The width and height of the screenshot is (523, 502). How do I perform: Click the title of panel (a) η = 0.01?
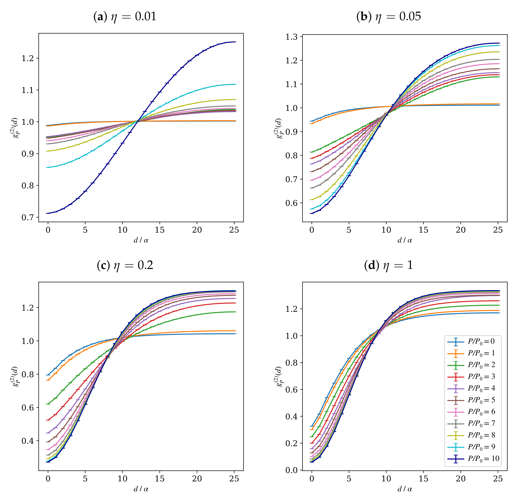[x=125, y=17]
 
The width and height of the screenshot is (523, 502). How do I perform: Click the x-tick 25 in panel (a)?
[x=234, y=230]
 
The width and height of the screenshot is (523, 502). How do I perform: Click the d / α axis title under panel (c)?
[x=141, y=489]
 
